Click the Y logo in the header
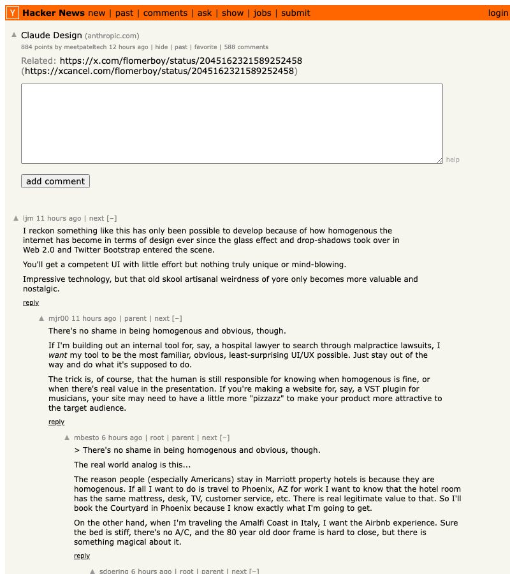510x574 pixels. pyautogui.click(x=13, y=13)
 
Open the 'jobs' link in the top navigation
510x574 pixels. pyautogui.click(x=262, y=13)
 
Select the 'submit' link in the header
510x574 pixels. pyautogui.click(x=296, y=13)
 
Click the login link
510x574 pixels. pyautogui.click(x=498, y=13)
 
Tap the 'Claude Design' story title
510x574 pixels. pyautogui.click(x=52, y=35)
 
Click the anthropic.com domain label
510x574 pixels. pyautogui.click(x=112, y=36)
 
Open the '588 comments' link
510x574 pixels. pyautogui.click(x=246, y=47)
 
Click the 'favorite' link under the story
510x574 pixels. pyautogui.click(x=205, y=47)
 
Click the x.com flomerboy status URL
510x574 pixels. pyautogui.click(x=180, y=61)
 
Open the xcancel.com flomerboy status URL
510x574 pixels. pyautogui.click(x=159, y=71)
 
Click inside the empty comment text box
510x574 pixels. pyautogui.click(x=231, y=123)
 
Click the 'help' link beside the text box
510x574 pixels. pyautogui.click(x=453, y=160)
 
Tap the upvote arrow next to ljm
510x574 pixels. pyautogui.click(x=16, y=218)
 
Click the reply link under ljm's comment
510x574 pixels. pyautogui.click(x=31, y=302)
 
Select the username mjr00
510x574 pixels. pyautogui.click(x=59, y=318)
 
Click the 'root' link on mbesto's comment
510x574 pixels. pyautogui.click(x=157, y=438)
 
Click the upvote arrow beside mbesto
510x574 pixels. pyautogui.click(x=67, y=438)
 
